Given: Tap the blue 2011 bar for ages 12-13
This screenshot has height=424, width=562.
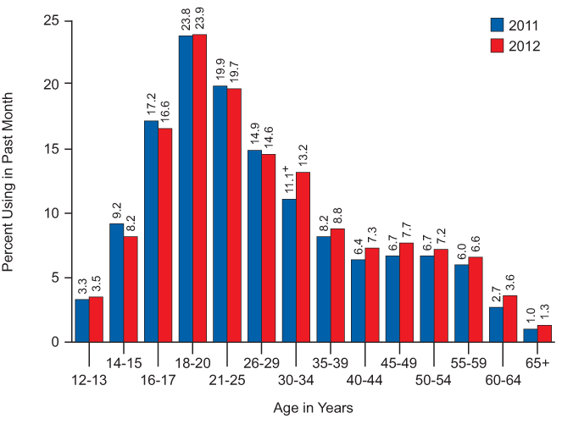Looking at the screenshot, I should coord(82,320).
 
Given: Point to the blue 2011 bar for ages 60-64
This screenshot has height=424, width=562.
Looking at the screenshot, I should coord(496,324).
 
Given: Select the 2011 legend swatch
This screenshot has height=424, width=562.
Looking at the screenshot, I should coord(498,25).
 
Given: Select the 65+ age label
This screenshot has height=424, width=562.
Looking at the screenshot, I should coord(538,362).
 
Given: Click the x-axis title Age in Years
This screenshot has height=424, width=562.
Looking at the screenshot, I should coord(314,408).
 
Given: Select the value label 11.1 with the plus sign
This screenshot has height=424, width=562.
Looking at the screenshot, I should coord(287,181).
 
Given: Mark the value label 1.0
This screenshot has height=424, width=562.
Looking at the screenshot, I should coord(531,317).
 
